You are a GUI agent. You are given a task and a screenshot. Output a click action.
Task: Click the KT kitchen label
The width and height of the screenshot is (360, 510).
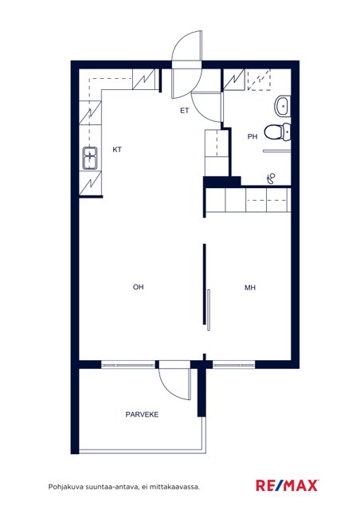(x=117, y=150)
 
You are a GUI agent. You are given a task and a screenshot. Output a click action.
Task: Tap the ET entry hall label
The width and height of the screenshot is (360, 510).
(x=185, y=111)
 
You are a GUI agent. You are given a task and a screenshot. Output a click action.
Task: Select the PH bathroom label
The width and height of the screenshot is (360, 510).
(x=252, y=136)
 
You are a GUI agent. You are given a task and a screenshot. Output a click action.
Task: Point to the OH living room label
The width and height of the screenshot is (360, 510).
(x=139, y=287)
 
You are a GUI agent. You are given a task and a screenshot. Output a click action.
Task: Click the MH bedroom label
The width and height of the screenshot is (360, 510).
(x=250, y=288)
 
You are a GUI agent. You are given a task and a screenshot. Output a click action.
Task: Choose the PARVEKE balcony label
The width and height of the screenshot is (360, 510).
(x=142, y=414)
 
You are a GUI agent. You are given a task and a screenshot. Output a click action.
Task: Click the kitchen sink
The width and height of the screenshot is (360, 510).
(x=90, y=158)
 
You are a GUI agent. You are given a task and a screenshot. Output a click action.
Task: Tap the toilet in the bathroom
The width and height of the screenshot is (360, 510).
(x=277, y=131)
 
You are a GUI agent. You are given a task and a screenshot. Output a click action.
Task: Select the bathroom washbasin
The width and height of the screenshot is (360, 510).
(x=282, y=106)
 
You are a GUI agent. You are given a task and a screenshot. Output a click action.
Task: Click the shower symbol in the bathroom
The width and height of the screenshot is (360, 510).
(x=271, y=178)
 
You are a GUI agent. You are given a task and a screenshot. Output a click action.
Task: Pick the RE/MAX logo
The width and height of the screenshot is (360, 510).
(x=287, y=485)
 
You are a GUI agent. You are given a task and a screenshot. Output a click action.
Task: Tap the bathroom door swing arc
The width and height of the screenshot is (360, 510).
(x=202, y=111)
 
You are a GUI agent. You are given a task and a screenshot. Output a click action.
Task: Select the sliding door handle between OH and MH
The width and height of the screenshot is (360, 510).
(x=209, y=310)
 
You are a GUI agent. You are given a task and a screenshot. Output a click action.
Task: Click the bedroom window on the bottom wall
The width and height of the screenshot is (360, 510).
(x=234, y=365)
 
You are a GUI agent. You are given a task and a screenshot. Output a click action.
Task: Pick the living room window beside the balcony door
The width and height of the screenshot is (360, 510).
(x=128, y=365)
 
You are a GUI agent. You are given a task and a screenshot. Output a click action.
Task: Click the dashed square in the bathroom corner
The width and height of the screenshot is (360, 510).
(x=259, y=80)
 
